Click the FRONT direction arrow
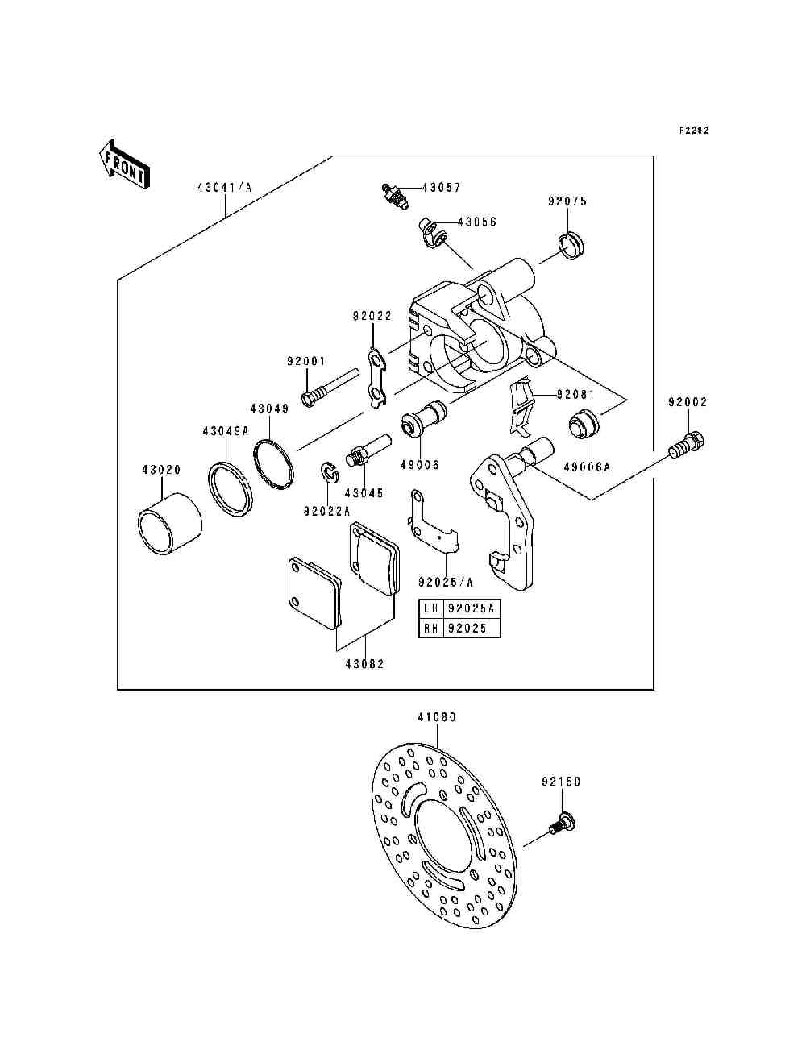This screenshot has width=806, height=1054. [x=124, y=164]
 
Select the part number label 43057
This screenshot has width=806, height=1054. [x=442, y=187]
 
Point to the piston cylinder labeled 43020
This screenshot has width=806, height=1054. [x=169, y=524]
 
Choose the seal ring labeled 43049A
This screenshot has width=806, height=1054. [x=231, y=488]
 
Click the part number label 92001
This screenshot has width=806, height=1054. [x=306, y=361]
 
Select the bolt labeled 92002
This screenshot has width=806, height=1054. [x=687, y=445]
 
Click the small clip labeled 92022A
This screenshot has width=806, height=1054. [x=330, y=471]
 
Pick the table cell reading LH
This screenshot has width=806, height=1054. [x=431, y=608]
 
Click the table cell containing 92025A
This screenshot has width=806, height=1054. [x=471, y=608]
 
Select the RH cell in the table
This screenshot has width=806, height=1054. [x=431, y=628]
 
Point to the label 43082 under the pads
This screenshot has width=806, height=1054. [x=365, y=664]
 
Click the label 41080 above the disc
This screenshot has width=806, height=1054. [x=437, y=717]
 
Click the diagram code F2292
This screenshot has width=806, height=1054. [x=694, y=130]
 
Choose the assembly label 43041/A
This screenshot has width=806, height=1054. [x=224, y=187]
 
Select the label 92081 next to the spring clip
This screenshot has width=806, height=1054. [x=576, y=395]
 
